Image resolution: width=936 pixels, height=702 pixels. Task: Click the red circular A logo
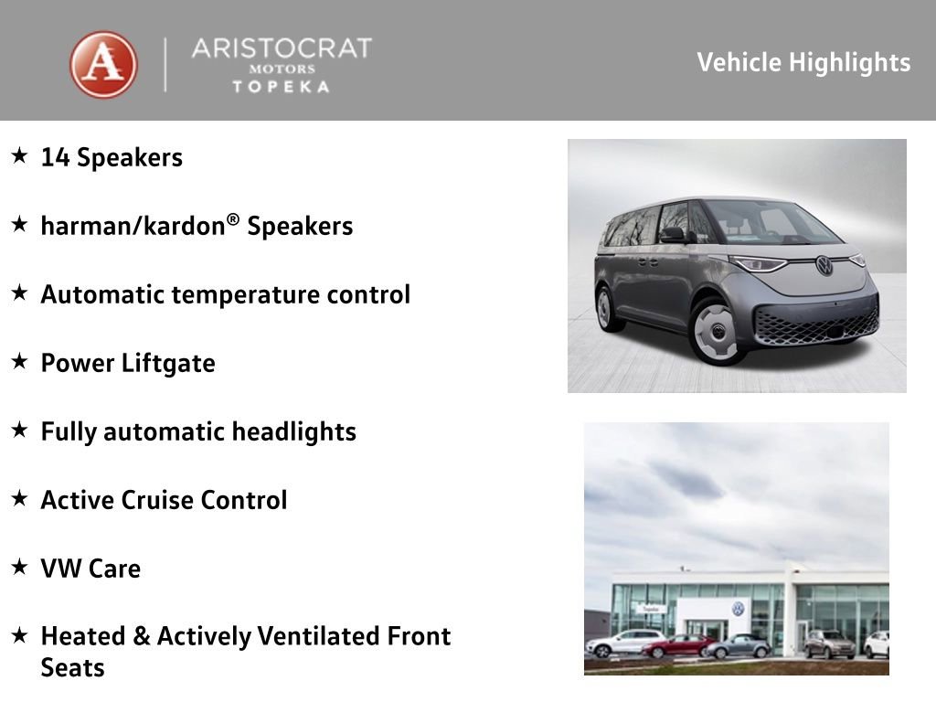click(x=103, y=65)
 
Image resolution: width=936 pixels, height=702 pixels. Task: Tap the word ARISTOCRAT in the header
click(x=282, y=48)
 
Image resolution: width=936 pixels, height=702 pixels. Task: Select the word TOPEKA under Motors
click(x=282, y=87)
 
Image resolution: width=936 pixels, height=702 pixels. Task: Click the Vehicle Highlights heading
click(x=803, y=63)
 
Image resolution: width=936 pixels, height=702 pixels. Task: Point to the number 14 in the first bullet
click(x=56, y=157)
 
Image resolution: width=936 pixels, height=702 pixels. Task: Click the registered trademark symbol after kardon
click(x=233, y=219)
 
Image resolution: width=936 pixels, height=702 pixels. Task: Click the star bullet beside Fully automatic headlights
click(x=20, y=430)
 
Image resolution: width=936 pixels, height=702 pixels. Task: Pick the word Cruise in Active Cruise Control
click(x=157, y=500)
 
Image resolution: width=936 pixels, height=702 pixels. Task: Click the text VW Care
click(x=90, y=569)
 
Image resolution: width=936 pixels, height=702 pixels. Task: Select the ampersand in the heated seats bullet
click(x=142, y=636)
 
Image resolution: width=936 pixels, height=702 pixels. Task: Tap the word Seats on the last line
click(x=73, y=668)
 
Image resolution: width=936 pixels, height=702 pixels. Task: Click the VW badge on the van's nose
click(x=824, y=265)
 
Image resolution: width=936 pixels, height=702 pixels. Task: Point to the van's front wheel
click(x=715, y=330)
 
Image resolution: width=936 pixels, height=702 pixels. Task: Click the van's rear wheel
click(x=606, y=308)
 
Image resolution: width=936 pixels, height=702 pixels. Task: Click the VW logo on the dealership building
click(x=739, y=608)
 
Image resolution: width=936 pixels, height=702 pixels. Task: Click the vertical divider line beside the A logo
click(x=165, y=65)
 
